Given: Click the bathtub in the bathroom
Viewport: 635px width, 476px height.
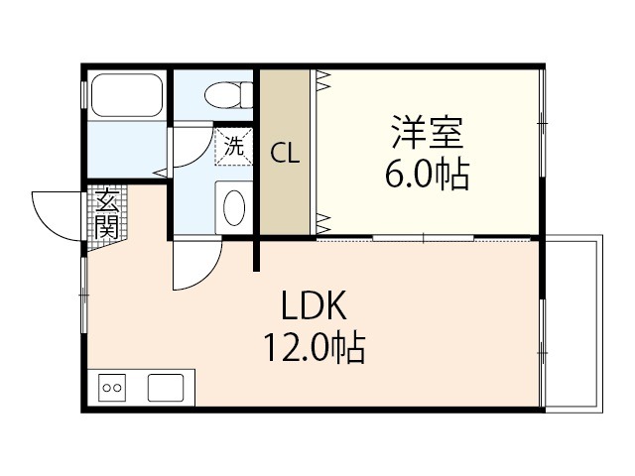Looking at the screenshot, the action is click(x=127, y=95).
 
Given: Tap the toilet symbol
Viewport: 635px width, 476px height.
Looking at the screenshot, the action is click(x=228, y=95).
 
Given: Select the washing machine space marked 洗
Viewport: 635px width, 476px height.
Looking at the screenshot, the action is click(x=234, y=146).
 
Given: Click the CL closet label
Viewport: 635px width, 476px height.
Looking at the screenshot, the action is click(x=285, y=154).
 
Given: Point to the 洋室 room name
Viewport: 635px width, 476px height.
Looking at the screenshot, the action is click(x=427, y=132).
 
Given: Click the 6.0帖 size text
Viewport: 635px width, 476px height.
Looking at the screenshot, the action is click(x=427, y=175).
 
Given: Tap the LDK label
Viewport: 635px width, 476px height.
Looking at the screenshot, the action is click(x=315, y=305).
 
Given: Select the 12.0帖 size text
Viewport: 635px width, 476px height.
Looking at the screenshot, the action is click(x=315, y=347).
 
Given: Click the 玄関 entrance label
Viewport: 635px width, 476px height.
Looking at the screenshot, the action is click(x=107, y=213).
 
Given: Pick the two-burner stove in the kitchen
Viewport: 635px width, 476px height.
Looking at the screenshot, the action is click(x=112, y=388).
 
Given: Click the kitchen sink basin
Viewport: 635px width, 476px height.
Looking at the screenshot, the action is click(x=166, y=388).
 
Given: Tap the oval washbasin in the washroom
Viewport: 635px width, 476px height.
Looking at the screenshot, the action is click(x=234, y=208).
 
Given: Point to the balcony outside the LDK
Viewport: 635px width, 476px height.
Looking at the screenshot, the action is click(x=573, y=323).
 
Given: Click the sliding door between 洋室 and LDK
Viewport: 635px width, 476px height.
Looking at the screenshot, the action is click(x=424, y=238).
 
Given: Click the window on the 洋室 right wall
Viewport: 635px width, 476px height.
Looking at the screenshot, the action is click(x=543, y=123).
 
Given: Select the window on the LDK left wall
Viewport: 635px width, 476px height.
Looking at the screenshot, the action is click(x=84, y=296).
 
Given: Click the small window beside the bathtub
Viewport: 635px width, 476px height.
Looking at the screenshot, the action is click(x=84, y=95).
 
